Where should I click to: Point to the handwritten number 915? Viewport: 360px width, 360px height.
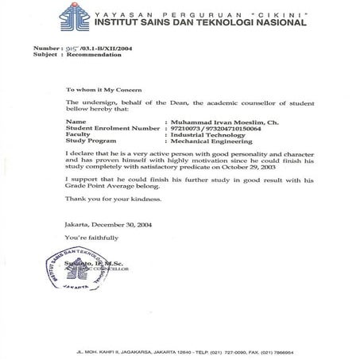pos(79,49)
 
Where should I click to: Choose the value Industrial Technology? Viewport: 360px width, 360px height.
pos(204,136)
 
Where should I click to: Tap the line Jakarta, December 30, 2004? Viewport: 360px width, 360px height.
pos(111,226)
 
